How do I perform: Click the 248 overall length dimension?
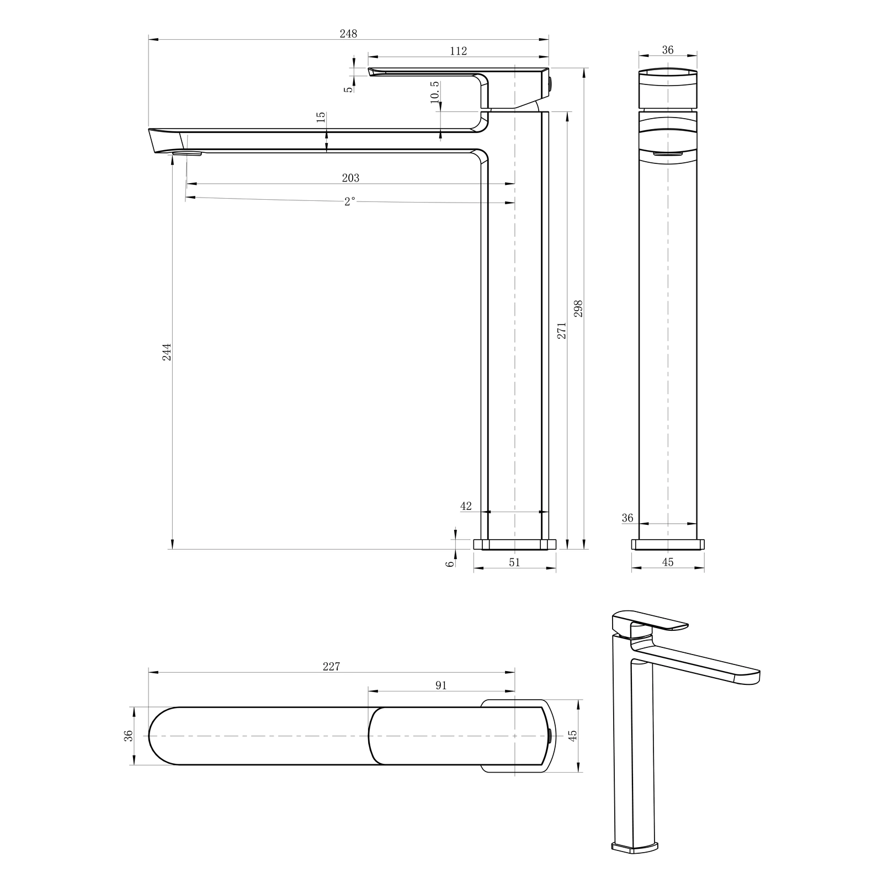(x=348, y=34)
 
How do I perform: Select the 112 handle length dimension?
(x=458, y=51)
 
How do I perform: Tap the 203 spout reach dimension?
(x=350, y=178)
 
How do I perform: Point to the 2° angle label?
(x=349, y=202)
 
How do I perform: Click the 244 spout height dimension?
(x=167, y=352)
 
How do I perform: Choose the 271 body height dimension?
(x=562, y=330)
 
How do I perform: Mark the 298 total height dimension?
(x=578, y=308)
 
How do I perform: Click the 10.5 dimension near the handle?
(x=435, y=92)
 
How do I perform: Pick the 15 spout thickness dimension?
(x=321, y=118)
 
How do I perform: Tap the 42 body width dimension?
(x=466, y=506)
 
